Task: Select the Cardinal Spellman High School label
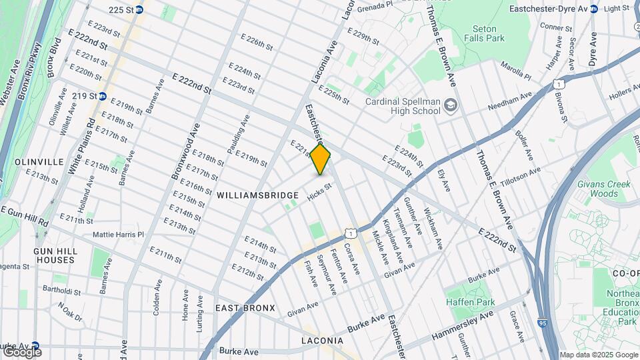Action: pos(403,106)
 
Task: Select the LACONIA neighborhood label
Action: pos(323,341)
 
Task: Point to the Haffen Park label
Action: pos(471,302)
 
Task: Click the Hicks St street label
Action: pos(319,191)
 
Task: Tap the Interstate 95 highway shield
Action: pos(542,323)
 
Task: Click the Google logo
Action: pos(22,351)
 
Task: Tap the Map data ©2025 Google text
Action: pos(599,355)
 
